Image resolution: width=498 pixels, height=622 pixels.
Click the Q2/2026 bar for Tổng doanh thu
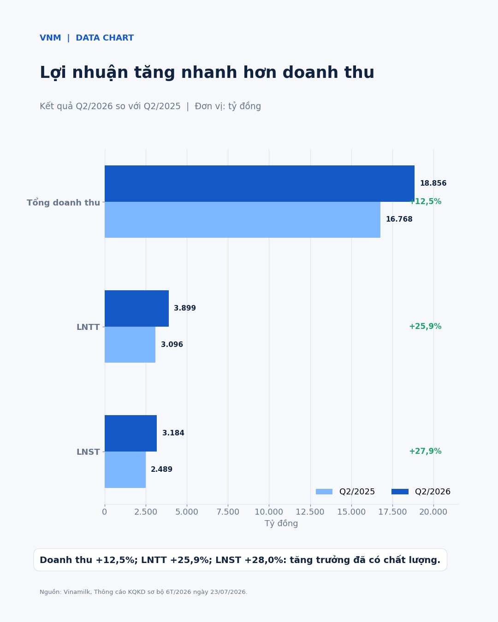pos(259,183)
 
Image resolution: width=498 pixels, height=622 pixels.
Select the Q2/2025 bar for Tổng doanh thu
pos(243,220)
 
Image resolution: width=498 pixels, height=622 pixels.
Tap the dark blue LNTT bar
pos(136,308)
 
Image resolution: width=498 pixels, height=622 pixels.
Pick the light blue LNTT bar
pos(130,345)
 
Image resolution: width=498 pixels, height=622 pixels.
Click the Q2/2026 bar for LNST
pos(130,433)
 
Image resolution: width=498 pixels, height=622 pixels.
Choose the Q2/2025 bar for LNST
pos(125,469)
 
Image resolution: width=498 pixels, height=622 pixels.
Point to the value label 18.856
pos(433,183)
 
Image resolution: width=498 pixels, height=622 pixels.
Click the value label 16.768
pos(399,219)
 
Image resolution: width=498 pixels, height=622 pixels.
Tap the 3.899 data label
pos(184,308)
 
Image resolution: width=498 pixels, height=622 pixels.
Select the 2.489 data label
pos(161,469)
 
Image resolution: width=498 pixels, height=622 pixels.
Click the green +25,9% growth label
pos(425,326)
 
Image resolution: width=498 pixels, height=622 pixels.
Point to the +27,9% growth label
pos(425,451)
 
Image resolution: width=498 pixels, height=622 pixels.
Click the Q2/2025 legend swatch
pos(324,492)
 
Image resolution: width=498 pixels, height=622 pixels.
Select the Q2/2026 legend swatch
pos(400,492)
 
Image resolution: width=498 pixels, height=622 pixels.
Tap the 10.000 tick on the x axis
pos(269,512)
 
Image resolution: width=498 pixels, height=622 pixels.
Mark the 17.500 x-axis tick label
pos(392,512)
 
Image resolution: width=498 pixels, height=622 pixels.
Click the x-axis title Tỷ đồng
pos(281,523)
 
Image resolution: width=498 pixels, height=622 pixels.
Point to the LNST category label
pos(88,452)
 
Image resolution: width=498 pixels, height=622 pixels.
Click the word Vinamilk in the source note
pos(77,592)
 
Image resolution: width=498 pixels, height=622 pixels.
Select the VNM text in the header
pos(50,38)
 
